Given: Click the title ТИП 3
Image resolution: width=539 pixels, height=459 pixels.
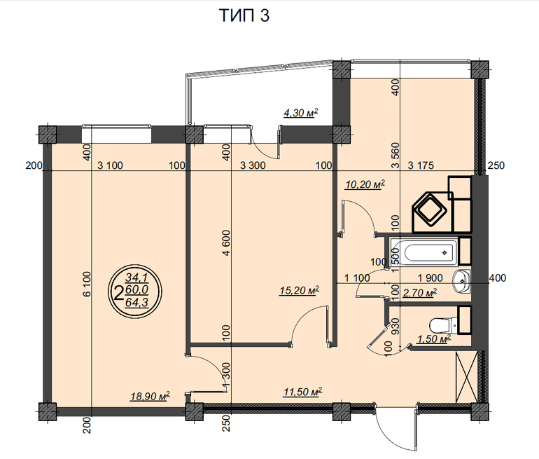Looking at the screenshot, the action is (x=244, y=15).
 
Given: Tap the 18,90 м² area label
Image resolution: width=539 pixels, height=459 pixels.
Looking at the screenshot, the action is (x=150, y=396).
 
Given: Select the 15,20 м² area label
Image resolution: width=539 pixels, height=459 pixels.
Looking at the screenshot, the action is (x=300, y=290).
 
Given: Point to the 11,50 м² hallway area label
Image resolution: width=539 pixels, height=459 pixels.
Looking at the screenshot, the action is (x=303, y=392).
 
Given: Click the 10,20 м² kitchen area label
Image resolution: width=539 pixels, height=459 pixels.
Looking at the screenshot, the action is (x=365, y=184).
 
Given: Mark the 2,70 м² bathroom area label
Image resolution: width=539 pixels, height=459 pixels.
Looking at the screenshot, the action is (x=420, y=293).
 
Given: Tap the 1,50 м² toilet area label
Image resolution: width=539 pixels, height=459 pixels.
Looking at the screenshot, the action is (x=433, y=339).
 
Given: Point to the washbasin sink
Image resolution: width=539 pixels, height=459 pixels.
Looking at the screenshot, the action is (x=461, y=281).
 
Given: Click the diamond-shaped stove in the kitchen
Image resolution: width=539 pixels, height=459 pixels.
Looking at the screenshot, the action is (x=430, y=210).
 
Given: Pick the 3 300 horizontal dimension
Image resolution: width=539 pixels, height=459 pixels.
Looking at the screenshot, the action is (x=253, y=165).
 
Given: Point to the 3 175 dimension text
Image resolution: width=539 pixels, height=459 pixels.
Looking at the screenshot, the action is (x=421, y=165).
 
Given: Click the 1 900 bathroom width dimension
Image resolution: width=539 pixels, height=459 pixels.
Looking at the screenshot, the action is (x=430, y=278).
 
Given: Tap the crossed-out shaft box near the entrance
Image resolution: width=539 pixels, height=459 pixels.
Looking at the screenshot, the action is (x=466, y=377).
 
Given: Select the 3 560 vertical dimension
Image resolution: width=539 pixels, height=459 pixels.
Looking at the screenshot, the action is (x=395, y=155).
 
